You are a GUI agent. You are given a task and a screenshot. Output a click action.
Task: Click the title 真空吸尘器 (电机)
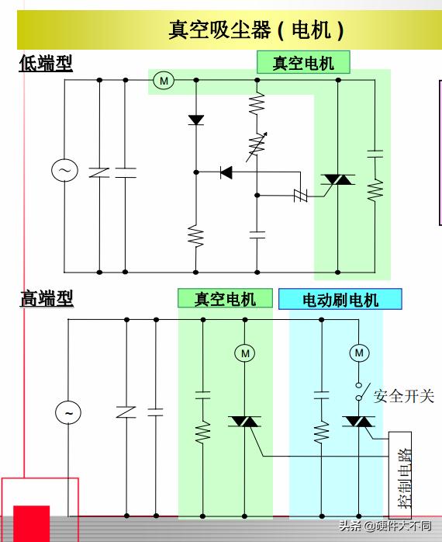click(256, 30)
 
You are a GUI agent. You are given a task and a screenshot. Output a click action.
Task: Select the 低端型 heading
click(46, 63)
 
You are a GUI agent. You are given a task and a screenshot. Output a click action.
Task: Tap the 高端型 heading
click(46, 297)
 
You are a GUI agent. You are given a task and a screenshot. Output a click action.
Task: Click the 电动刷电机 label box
click(340, 299)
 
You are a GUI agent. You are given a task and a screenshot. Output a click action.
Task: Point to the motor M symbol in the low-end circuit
click(163, 79)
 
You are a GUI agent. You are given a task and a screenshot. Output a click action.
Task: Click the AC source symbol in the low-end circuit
click(64, 171)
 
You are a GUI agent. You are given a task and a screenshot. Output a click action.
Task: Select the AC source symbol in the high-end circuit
click(68, 413)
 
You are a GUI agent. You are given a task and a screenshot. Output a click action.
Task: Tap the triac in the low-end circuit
click(338, 179)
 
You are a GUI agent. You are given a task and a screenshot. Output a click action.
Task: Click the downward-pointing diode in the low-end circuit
click(195, 120)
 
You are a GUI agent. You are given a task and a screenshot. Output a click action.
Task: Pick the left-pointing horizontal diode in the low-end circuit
click(226, 172)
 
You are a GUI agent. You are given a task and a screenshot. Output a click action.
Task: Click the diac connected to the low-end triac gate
click(299, 194)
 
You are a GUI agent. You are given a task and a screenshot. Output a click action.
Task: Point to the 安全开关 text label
click(403, 396)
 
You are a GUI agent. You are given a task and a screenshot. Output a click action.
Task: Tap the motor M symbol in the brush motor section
click(358, 353)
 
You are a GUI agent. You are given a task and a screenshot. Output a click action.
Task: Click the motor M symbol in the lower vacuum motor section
click(245, 353)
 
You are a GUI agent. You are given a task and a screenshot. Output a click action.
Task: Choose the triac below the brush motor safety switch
click(358, 422)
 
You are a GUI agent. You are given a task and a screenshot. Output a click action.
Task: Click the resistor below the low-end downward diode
click(195, 235)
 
